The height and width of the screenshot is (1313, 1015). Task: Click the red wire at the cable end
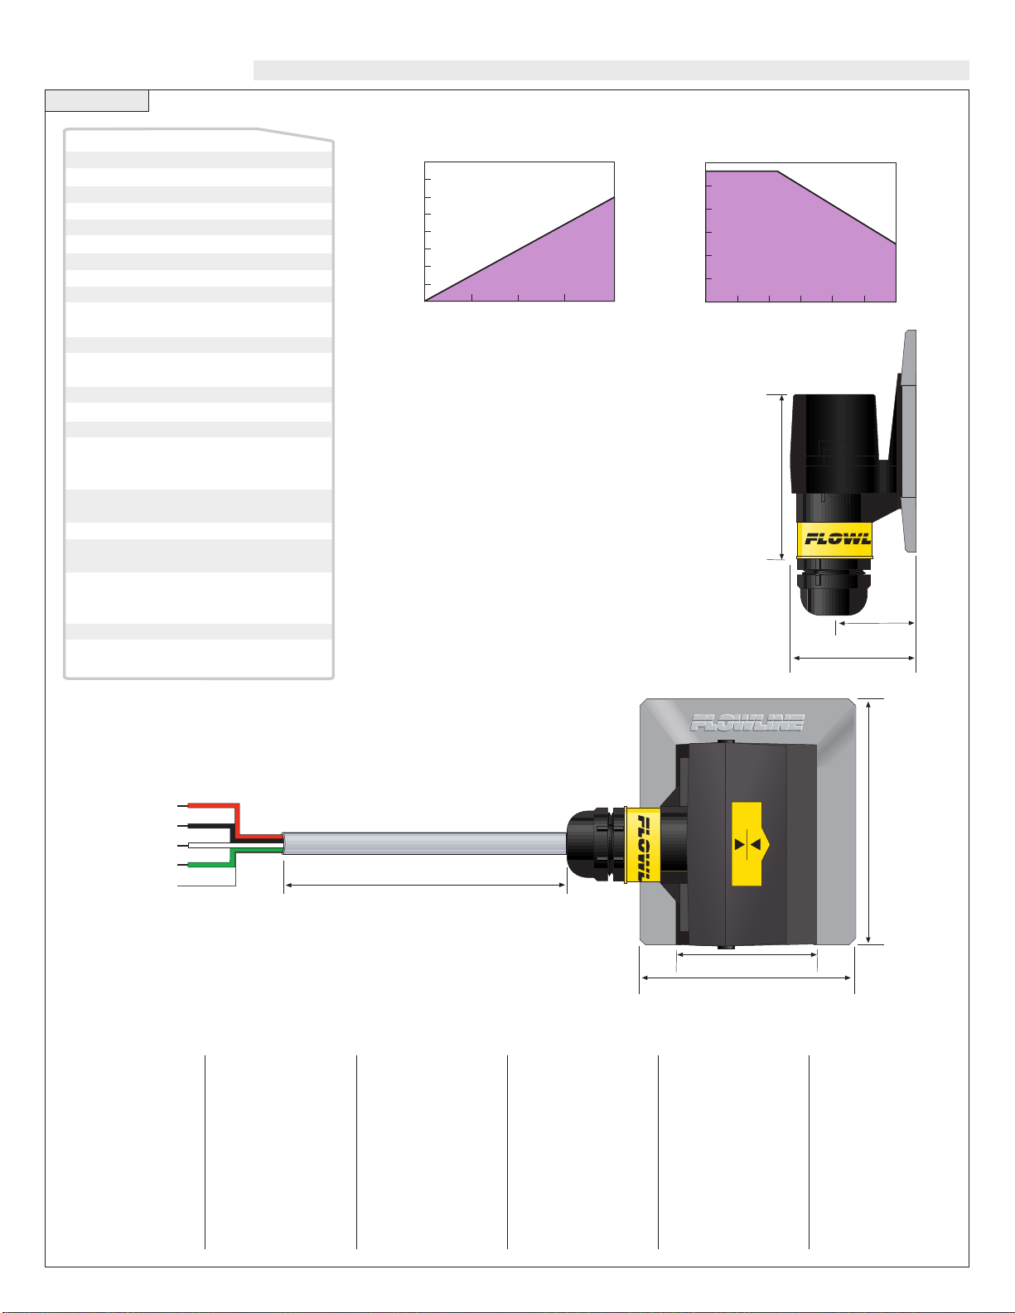(239, 821)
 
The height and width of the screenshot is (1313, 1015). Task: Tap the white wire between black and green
(235, 844)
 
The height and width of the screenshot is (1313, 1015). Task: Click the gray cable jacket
(425, 843)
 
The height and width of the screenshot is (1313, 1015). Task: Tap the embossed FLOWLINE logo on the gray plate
(747, 722)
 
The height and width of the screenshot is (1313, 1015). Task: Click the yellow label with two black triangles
(748, 844)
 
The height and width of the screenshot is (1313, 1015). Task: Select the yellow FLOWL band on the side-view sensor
(835, 539)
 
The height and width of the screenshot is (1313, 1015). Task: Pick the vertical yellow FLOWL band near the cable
(643, 845)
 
